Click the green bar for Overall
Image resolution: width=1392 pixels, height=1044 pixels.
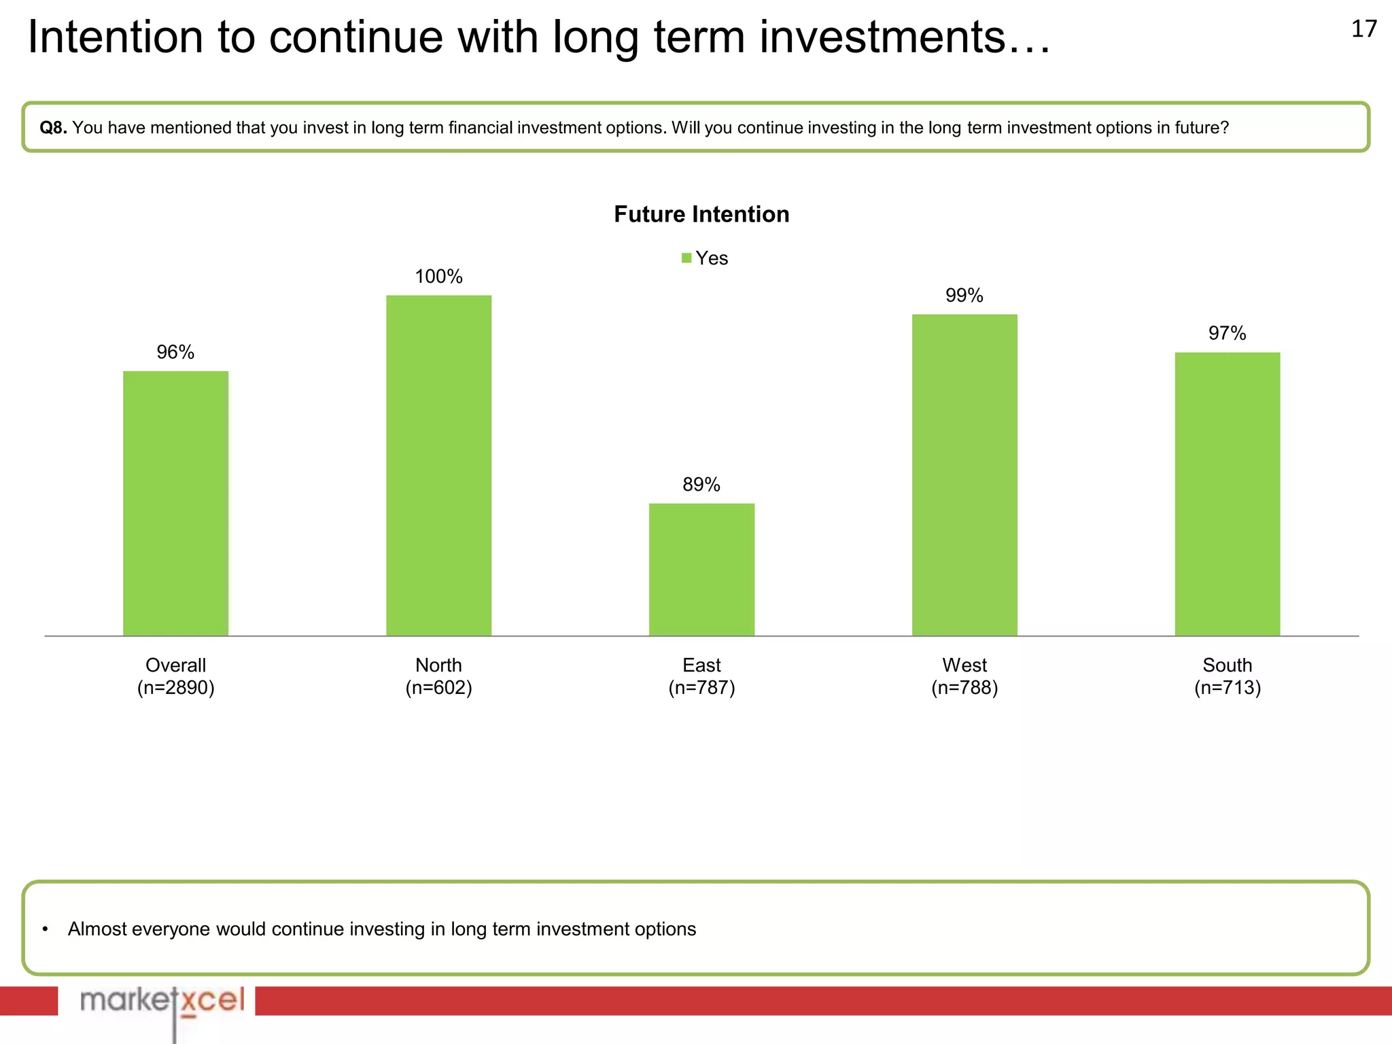(175, 503)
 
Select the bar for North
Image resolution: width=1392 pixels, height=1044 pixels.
(438, 466)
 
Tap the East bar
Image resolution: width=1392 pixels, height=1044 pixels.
(701, 570)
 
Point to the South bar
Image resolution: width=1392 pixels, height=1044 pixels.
(1227, 494)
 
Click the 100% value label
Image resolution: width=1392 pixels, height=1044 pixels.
(438, 277)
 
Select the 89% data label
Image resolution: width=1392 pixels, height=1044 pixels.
(701, 485)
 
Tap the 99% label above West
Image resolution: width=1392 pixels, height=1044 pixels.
(964, 296)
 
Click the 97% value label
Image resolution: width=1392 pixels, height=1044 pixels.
(1227, 334)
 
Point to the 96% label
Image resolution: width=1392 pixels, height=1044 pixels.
(175, 352)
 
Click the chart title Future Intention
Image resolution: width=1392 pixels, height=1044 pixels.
(701, 214)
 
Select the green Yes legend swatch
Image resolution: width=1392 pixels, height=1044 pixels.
(686, 258)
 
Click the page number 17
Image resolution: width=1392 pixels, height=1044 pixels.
(1363, 29)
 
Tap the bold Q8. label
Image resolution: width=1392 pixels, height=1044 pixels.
(53, 128)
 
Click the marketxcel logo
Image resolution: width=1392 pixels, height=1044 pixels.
(162, 1001)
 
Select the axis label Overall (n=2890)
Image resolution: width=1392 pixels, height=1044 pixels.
(175, 676)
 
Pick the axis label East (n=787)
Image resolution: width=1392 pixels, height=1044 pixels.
(701, 676)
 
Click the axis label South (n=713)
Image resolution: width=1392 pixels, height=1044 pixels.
(1227, 676)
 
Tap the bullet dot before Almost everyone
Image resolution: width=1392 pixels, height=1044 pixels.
(45, 929)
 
